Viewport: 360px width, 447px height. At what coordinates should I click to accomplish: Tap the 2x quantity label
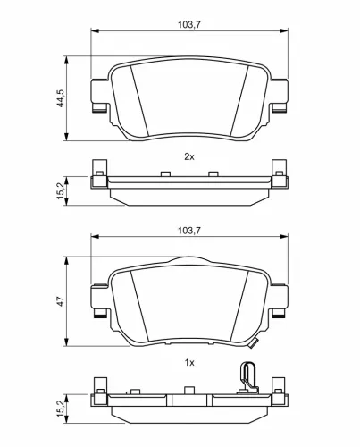[x=188, y=156]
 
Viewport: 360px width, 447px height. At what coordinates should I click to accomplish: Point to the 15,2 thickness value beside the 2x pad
[x=60, y=189]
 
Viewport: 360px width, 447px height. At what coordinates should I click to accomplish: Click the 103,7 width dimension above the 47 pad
[x=188, y=231]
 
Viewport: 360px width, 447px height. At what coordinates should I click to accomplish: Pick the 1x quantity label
[x=188, y=362]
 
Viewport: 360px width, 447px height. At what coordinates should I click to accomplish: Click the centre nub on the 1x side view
[x=188, y=389]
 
